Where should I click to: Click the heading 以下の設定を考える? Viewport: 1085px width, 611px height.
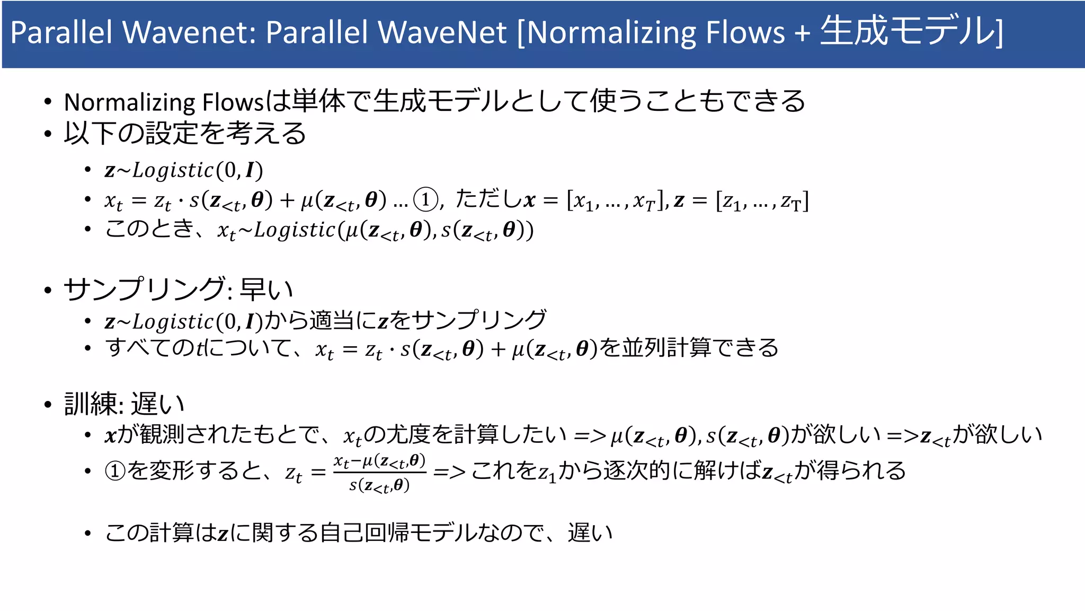click(x=185, y=133)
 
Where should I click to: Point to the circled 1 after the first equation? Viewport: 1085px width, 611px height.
click(x=425, y=200)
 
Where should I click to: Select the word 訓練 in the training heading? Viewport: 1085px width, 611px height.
click(x=91, y=404)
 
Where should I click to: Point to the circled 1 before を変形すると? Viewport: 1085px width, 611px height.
click(x=115, y=470)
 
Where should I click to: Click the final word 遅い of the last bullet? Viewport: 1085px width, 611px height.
click(x=590, y=533)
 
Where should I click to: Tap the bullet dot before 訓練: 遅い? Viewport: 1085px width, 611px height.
click(x=48, y=405)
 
